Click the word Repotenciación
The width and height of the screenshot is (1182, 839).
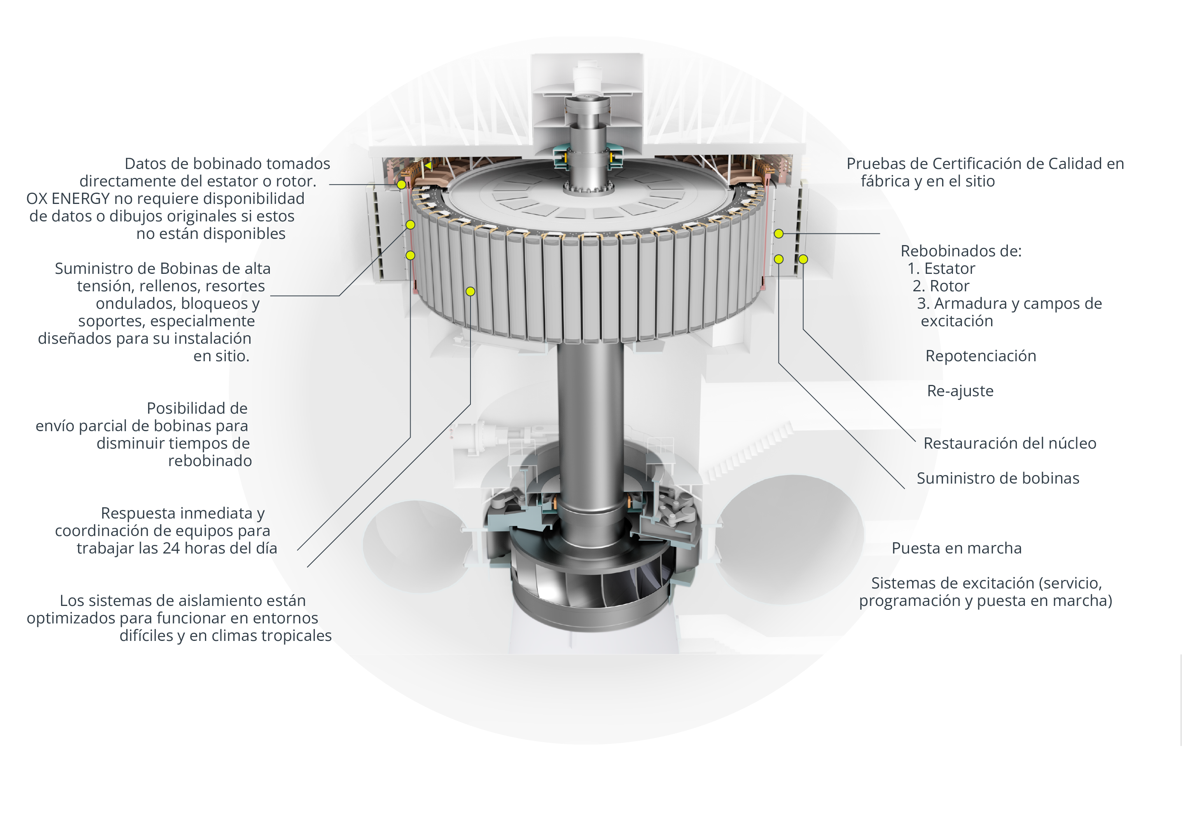click(x=980, y=356)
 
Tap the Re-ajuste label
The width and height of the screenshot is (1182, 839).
click(x=960, y=391)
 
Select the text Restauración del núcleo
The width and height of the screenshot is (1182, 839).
click(x=1009, y=443)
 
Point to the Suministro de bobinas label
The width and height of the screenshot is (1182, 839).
click(x=998, y=479)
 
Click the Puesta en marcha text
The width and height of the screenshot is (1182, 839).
click(x=956, y=548)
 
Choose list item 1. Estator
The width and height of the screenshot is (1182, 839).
click(x=941, y=269)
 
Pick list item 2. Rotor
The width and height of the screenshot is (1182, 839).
click(x=941, y=286)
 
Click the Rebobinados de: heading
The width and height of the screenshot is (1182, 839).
click(x=961, y=251)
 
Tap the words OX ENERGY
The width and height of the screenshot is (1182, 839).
click(x=68, y=199)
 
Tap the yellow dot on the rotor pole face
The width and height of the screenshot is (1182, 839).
click(x=470, y=291)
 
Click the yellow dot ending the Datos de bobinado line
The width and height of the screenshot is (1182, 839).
click(x=401, y=185)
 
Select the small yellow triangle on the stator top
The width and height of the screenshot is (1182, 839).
click(x=428, y=165)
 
